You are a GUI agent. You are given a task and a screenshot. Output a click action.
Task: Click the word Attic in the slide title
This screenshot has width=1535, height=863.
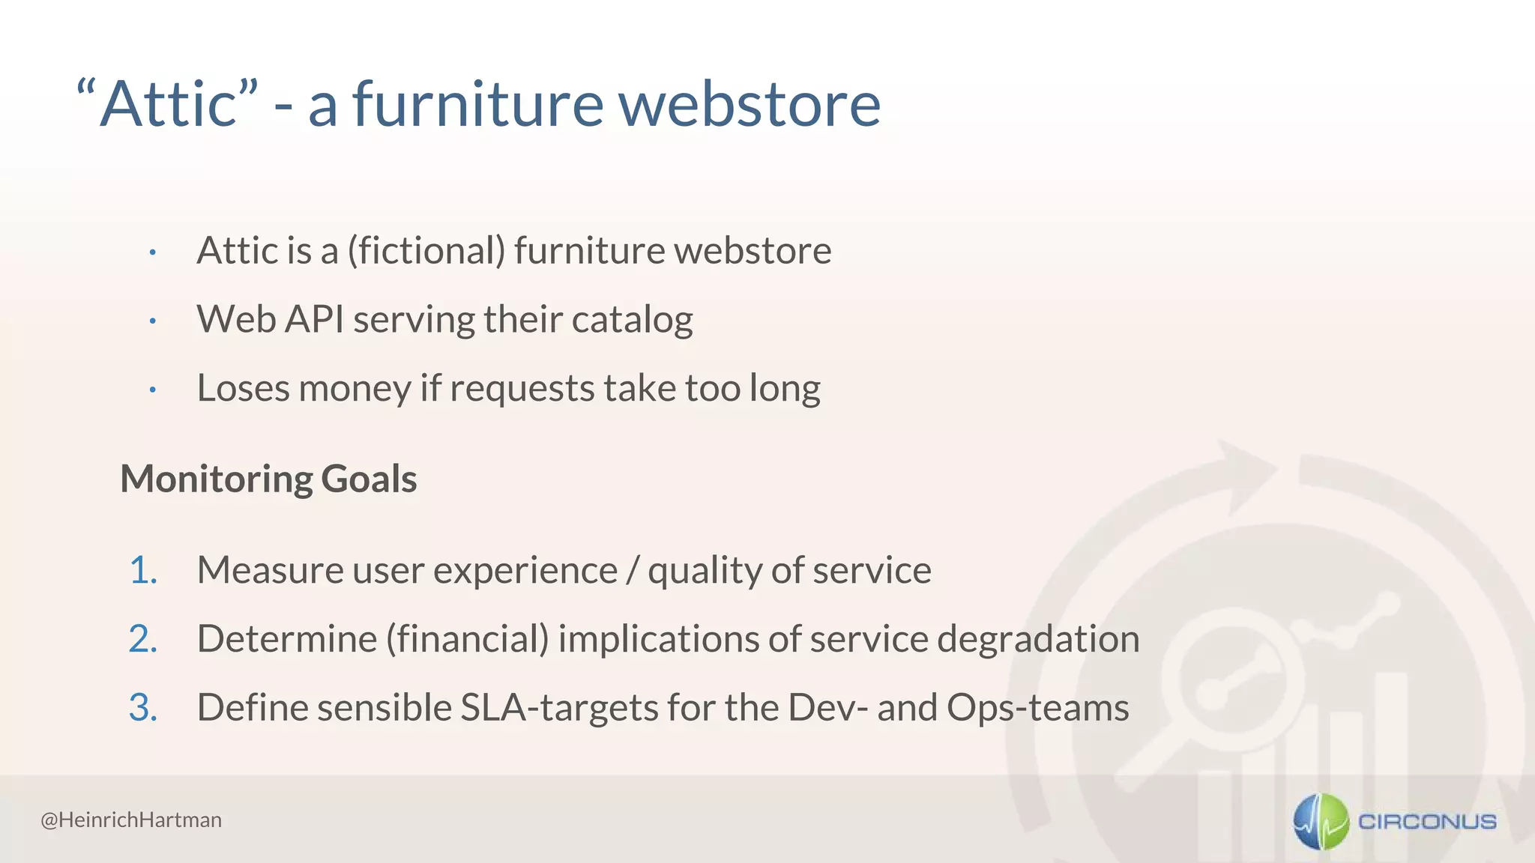169,105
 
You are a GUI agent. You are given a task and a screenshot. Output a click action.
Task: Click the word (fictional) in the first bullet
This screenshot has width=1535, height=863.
426,250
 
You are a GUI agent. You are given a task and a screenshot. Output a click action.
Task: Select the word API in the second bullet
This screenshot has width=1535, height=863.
315,319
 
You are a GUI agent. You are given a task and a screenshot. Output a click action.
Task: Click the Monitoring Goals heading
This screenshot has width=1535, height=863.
268,479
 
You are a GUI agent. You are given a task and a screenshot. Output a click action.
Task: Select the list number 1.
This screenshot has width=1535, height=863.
142,571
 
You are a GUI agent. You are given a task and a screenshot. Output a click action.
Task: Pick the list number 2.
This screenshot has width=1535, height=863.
142,640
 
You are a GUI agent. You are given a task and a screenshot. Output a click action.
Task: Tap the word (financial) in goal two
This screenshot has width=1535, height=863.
467,640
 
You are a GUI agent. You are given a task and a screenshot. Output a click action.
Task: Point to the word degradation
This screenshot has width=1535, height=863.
1038,640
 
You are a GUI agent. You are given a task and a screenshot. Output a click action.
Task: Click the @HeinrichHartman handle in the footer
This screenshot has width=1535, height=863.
131,820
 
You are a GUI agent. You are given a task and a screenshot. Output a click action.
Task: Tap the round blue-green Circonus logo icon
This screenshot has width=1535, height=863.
1321,822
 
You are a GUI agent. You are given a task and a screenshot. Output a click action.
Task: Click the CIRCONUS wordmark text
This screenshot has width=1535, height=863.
1427,822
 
